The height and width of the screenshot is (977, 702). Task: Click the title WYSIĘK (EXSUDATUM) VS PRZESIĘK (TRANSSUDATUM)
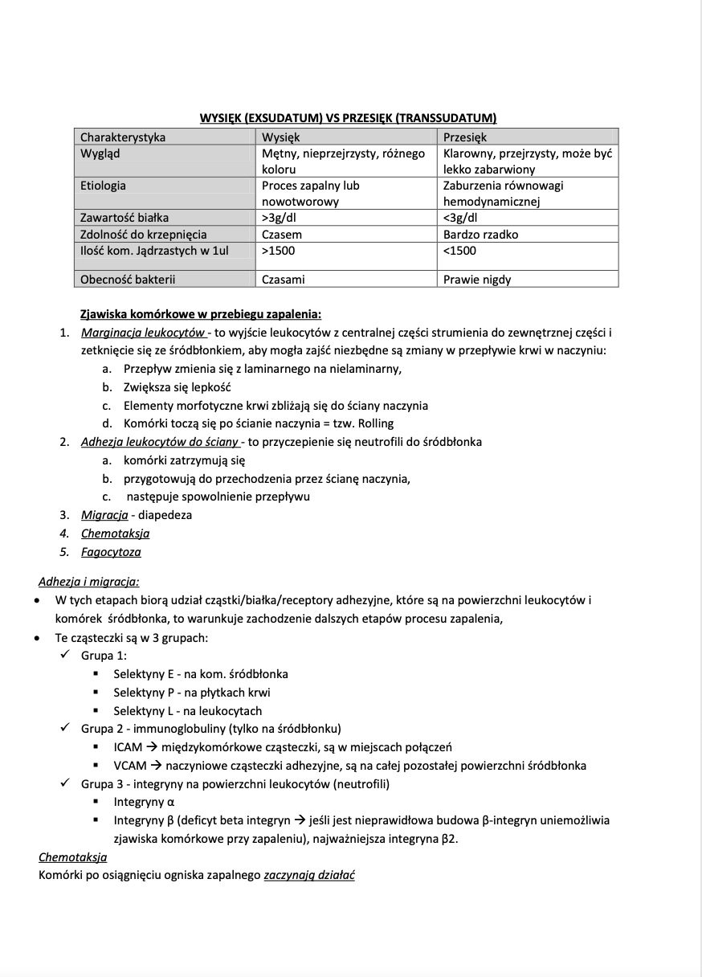(348, 118)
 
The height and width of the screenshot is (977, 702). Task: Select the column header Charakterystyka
(123, 137)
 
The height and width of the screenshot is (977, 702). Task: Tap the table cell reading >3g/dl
(283, 217)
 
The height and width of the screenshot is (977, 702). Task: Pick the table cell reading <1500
(459, 251)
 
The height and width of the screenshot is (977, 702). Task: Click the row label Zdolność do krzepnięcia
(144, 235)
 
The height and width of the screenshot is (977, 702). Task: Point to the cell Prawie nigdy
(477, 280)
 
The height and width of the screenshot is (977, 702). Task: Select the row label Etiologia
(103, 186)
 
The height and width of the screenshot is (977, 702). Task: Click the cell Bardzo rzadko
(480, 235)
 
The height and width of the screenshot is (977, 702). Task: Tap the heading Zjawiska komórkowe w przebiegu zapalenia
(201, 313)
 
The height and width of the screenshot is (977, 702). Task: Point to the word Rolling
(375, 423)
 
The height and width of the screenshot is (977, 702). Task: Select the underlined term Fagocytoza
(111, 552)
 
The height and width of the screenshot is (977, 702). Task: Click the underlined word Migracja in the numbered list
(104, 515)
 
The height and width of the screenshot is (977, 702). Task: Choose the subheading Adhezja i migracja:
(88, 582)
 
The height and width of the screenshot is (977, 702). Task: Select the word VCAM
(129, 766)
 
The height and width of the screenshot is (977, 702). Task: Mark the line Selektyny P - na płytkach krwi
(191, 693)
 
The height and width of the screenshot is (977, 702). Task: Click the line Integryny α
(144, 802)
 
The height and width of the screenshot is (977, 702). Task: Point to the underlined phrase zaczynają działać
(309, 875)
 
